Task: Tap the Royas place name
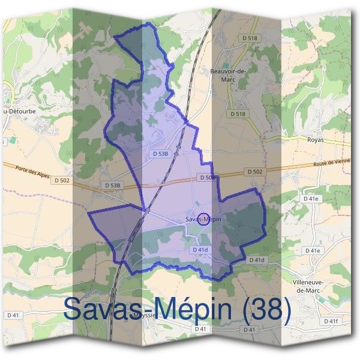(x=315, y=140)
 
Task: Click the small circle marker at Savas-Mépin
(x=203, y=218)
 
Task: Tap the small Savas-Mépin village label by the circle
(x=203, y=220)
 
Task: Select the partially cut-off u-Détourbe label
(x=18, y=112)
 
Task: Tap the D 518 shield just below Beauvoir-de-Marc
(x=238, y=113)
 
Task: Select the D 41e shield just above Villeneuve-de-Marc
(x=313, y=250)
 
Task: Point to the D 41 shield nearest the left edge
(x=13, y=315)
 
